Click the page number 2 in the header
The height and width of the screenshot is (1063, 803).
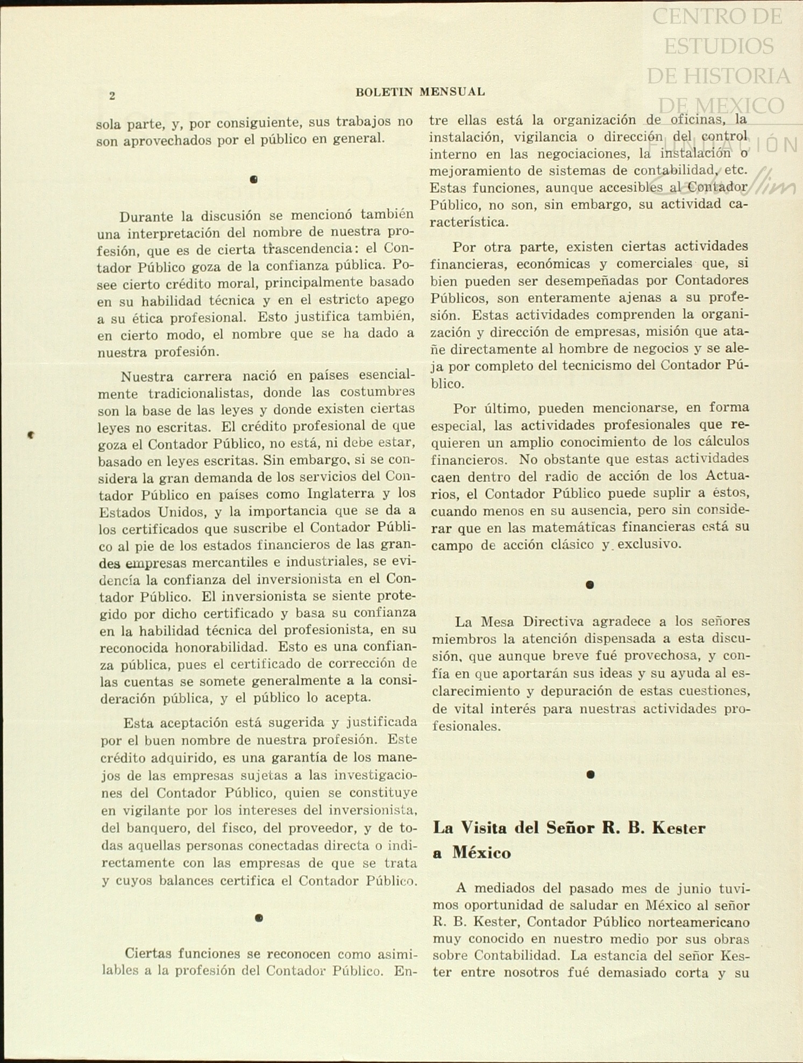[x=112, y=96]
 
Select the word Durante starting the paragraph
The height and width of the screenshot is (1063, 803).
[x=146, y=217]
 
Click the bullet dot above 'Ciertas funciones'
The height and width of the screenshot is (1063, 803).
[x=259, y=918]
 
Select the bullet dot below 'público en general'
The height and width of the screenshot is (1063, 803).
[x=254, y=180]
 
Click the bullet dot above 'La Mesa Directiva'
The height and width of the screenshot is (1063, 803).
[x=590, y=584]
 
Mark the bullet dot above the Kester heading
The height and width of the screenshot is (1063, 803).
[x=591, y=774]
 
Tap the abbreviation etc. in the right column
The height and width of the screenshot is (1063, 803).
[x=737, y=170]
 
